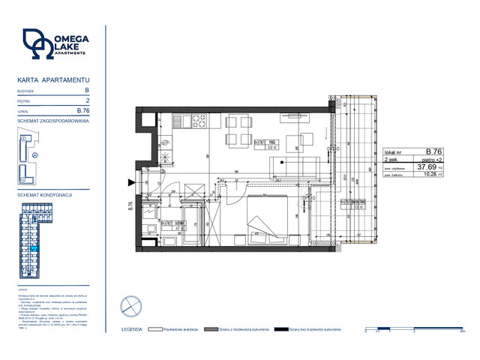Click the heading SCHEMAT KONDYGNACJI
45,194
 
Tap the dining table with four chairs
238,139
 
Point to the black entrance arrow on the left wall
133,182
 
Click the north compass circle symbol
130,305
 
